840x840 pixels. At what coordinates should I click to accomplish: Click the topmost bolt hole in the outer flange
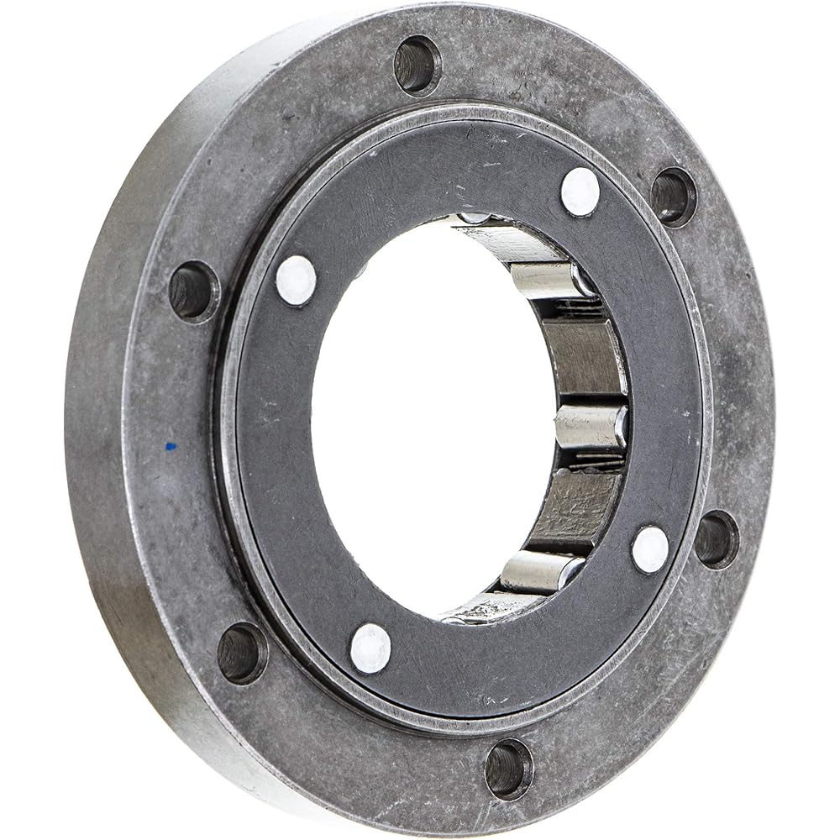point(417,66)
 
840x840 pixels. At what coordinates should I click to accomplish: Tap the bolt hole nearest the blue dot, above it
point(194,291)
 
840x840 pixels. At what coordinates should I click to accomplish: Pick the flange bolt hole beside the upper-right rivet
point(674,197)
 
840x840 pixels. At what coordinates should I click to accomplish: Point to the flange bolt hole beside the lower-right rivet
point(717,538)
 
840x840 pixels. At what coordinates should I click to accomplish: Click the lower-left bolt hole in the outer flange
point(242,652)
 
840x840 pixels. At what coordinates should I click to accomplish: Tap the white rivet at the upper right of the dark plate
point(580,192)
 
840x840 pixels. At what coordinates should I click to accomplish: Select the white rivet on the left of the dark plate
point(296,280)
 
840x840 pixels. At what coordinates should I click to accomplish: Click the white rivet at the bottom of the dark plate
point(370,648)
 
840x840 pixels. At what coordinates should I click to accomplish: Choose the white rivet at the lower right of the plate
point(650,550)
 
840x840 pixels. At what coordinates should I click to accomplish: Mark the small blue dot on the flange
point(171,445)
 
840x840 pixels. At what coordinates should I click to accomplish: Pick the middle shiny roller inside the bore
point(591,427)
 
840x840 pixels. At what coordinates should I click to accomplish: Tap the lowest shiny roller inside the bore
point(541,571)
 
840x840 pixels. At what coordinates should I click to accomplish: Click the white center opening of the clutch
point(428,420)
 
